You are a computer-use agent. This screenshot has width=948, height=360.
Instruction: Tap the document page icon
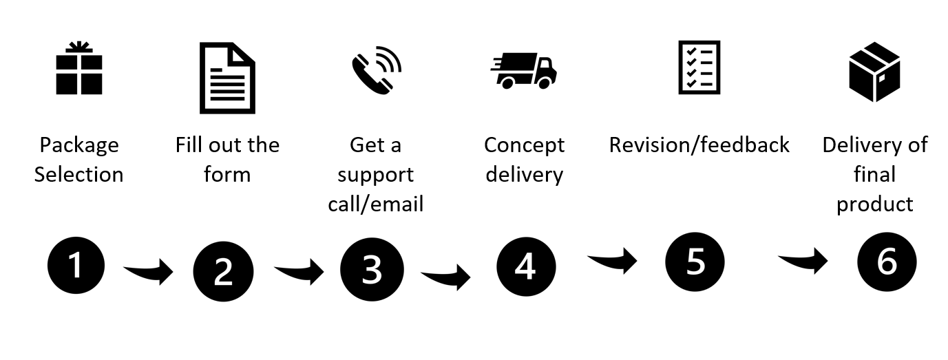coord(227,78)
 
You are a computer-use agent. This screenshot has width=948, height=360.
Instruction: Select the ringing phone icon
coord(376,69)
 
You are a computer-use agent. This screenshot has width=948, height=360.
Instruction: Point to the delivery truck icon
coord(524,70)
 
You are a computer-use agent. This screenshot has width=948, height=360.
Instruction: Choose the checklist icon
coord(699,67)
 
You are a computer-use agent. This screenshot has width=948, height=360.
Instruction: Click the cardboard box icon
coord(874,72)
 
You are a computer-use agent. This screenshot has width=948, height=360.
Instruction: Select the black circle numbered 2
coord(223,271)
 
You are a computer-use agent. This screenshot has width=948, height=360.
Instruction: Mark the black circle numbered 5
coord(695,262)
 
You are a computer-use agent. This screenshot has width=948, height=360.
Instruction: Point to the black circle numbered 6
coord(887,262)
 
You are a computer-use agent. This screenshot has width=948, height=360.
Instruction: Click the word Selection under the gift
coord(79,175)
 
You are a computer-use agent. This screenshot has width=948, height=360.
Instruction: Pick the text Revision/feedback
coord(699,145)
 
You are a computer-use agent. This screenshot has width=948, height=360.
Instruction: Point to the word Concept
coord(524,145)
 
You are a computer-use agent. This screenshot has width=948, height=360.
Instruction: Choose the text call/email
coord(376,204)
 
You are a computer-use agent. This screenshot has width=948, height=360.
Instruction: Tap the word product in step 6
coord(874,204)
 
